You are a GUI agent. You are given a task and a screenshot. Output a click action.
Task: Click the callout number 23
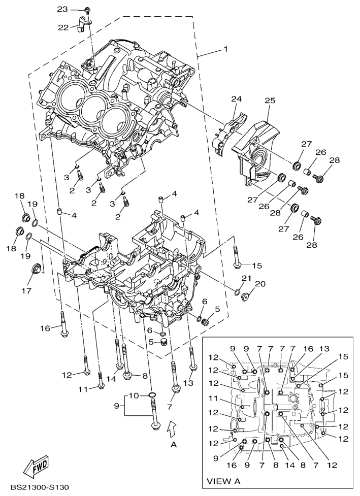[62, 9]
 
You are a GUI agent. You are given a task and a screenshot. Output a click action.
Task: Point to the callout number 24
[237, 99]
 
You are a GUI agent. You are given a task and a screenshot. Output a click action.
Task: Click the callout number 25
[269, 101]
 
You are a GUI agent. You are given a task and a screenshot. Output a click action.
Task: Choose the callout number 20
[260, 284]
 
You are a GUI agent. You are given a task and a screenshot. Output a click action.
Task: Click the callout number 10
[134, 395]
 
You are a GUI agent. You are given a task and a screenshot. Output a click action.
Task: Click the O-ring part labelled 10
[152, 395]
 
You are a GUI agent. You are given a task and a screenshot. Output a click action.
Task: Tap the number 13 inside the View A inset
[323, 349]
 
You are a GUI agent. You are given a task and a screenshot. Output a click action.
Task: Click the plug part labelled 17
[38, 269]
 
